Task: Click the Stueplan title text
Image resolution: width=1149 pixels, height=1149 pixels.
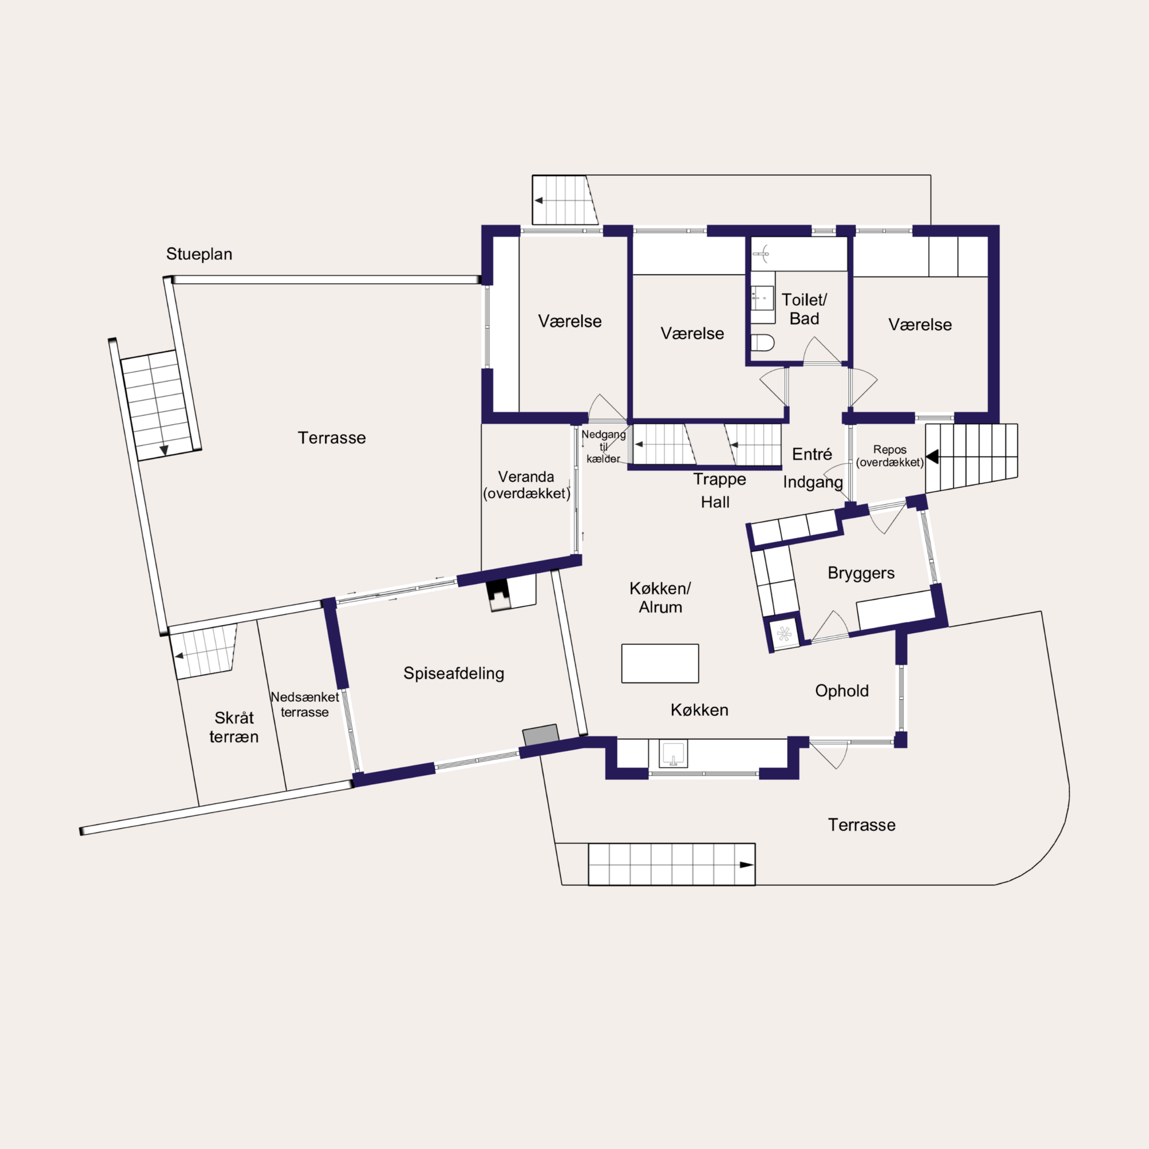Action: [x=198, y=254]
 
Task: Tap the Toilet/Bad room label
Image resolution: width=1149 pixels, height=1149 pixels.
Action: [x=804, y=309]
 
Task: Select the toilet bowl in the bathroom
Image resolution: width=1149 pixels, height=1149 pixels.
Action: [x=762, y=342]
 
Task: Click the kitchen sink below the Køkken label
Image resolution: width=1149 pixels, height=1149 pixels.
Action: [x=673, y=753]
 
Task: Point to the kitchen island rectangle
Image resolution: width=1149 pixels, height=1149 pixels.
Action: [x=660, y=663]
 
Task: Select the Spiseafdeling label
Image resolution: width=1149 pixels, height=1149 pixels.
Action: [x=454, y=673]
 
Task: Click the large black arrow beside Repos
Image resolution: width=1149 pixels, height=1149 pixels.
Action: [x=932, y=457]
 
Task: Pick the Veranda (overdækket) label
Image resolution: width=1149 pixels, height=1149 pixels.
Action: [x=526, y=485]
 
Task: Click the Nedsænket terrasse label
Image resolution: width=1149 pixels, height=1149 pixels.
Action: [x=304, y=704]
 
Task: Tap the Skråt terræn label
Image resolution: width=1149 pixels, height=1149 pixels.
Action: [x=234, y=727]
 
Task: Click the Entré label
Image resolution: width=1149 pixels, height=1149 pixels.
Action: [x=812, y=454]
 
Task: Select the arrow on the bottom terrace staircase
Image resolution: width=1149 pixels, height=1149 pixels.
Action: [x=746, y=865]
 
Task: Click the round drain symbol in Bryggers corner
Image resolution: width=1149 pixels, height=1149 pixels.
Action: [x=784, y=633]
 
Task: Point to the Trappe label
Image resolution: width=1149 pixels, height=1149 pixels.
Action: [x=719, y=479]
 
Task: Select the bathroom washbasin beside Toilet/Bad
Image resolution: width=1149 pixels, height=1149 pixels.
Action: [x=762, y=297]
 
